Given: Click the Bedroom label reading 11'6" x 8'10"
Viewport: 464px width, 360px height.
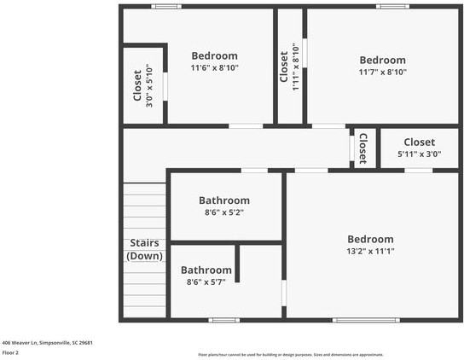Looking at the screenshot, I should point(214,56).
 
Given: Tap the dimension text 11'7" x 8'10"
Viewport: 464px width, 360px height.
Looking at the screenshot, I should point(382,73).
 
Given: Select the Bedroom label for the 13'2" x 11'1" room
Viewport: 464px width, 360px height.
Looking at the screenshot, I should point(370,239).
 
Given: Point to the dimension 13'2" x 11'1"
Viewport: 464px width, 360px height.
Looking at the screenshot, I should point(370,252).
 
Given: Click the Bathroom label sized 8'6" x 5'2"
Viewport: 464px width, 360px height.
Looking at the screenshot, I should point(224,200).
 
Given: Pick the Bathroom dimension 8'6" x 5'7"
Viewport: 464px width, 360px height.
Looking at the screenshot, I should point(206,282).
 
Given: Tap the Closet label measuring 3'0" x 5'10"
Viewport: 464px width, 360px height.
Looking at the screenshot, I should point(137,84).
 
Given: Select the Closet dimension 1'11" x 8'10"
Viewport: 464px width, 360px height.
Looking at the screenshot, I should point(295,61).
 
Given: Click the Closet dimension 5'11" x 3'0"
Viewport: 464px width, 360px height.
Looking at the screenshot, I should point(419,154).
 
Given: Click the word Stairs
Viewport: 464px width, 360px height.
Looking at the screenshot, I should point(144,243).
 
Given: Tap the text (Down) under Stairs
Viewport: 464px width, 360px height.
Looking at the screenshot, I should point(144,256).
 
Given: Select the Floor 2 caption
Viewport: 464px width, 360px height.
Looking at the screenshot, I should point(10,351).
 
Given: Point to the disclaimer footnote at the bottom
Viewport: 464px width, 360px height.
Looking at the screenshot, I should point(290,354).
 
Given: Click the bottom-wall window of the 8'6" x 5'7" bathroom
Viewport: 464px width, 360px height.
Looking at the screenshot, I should point(223,320).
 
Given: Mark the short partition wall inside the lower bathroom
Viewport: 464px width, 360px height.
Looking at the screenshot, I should point(237,264).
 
